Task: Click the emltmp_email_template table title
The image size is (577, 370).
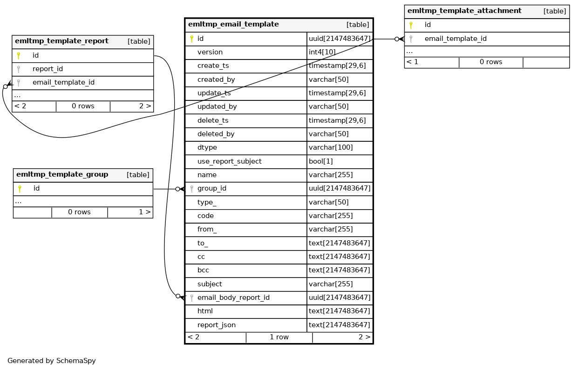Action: pyautogui.click(x=233, y=25)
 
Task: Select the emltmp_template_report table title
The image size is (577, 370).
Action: pyautogui.click(x=61, y=41)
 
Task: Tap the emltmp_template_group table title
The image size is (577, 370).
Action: pyautogui.click(x=62, y=175)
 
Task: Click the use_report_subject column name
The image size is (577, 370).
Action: pyautogui.click(x=229, y=161)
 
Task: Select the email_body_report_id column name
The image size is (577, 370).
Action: pyautogui.click(x=233, y=297)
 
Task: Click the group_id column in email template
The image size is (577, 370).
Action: pyautogui.click(x=212, y=189)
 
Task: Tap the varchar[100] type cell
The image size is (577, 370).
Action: pyautogui.click(x=331, y=148)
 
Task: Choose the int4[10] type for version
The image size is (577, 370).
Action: pyautogui.click(x=322, y=53)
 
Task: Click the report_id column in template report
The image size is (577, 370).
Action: pyautogui.click(x=48, y=69)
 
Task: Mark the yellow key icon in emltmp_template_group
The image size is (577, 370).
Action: pyautogui.click(x=20, y=189)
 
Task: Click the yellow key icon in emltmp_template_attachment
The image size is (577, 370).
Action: pyautogui.click(x=411, y=25)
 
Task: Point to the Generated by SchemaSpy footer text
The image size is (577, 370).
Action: pyautogui.click(x=51, y=361)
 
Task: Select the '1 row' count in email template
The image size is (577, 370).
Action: pyautogui.click(x=279, y=337)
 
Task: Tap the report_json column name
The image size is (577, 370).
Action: pyautogui.click(x=216, y=325)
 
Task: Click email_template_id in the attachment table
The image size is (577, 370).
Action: pyautogui.click(x=455, y=39)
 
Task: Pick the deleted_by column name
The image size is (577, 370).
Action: pyautogui.click(x=216, y=134)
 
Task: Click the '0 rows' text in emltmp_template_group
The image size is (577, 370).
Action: pyautogui.click(x=79, y=212)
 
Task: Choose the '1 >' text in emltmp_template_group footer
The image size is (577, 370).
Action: pyautogui.click(x=144, y=212)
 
